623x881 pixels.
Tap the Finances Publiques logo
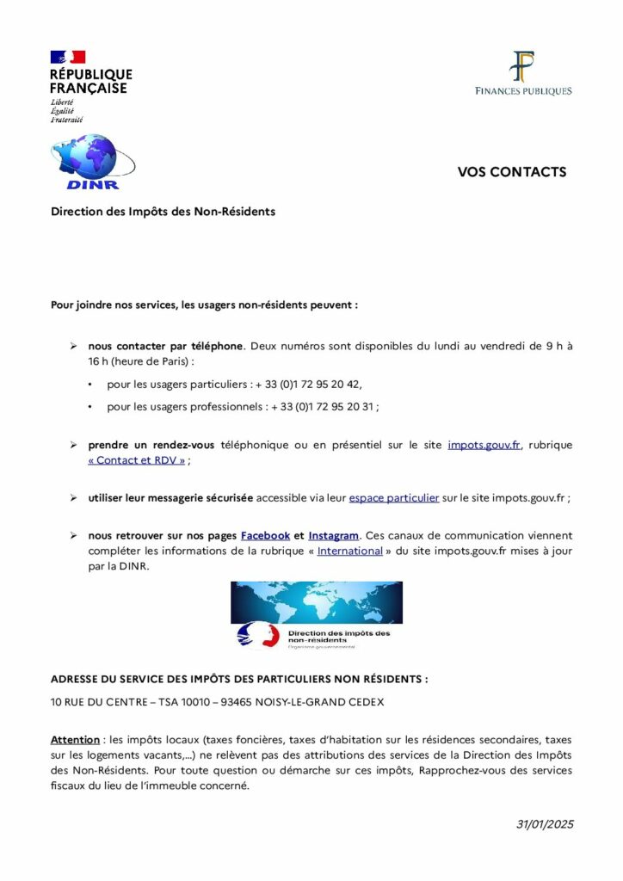click(x=523, y=73)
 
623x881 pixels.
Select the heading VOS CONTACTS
click(x=511, y=172)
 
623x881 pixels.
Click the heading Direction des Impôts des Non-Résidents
click(x=163, y=211)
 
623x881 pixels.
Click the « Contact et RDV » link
click(x=137, y=460)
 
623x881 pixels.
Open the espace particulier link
click(x=394, y=498)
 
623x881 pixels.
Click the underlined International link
click(x=349, y=551)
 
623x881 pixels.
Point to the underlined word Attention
click(x=76, y=739)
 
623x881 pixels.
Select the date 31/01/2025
click(x=544, y=824)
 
